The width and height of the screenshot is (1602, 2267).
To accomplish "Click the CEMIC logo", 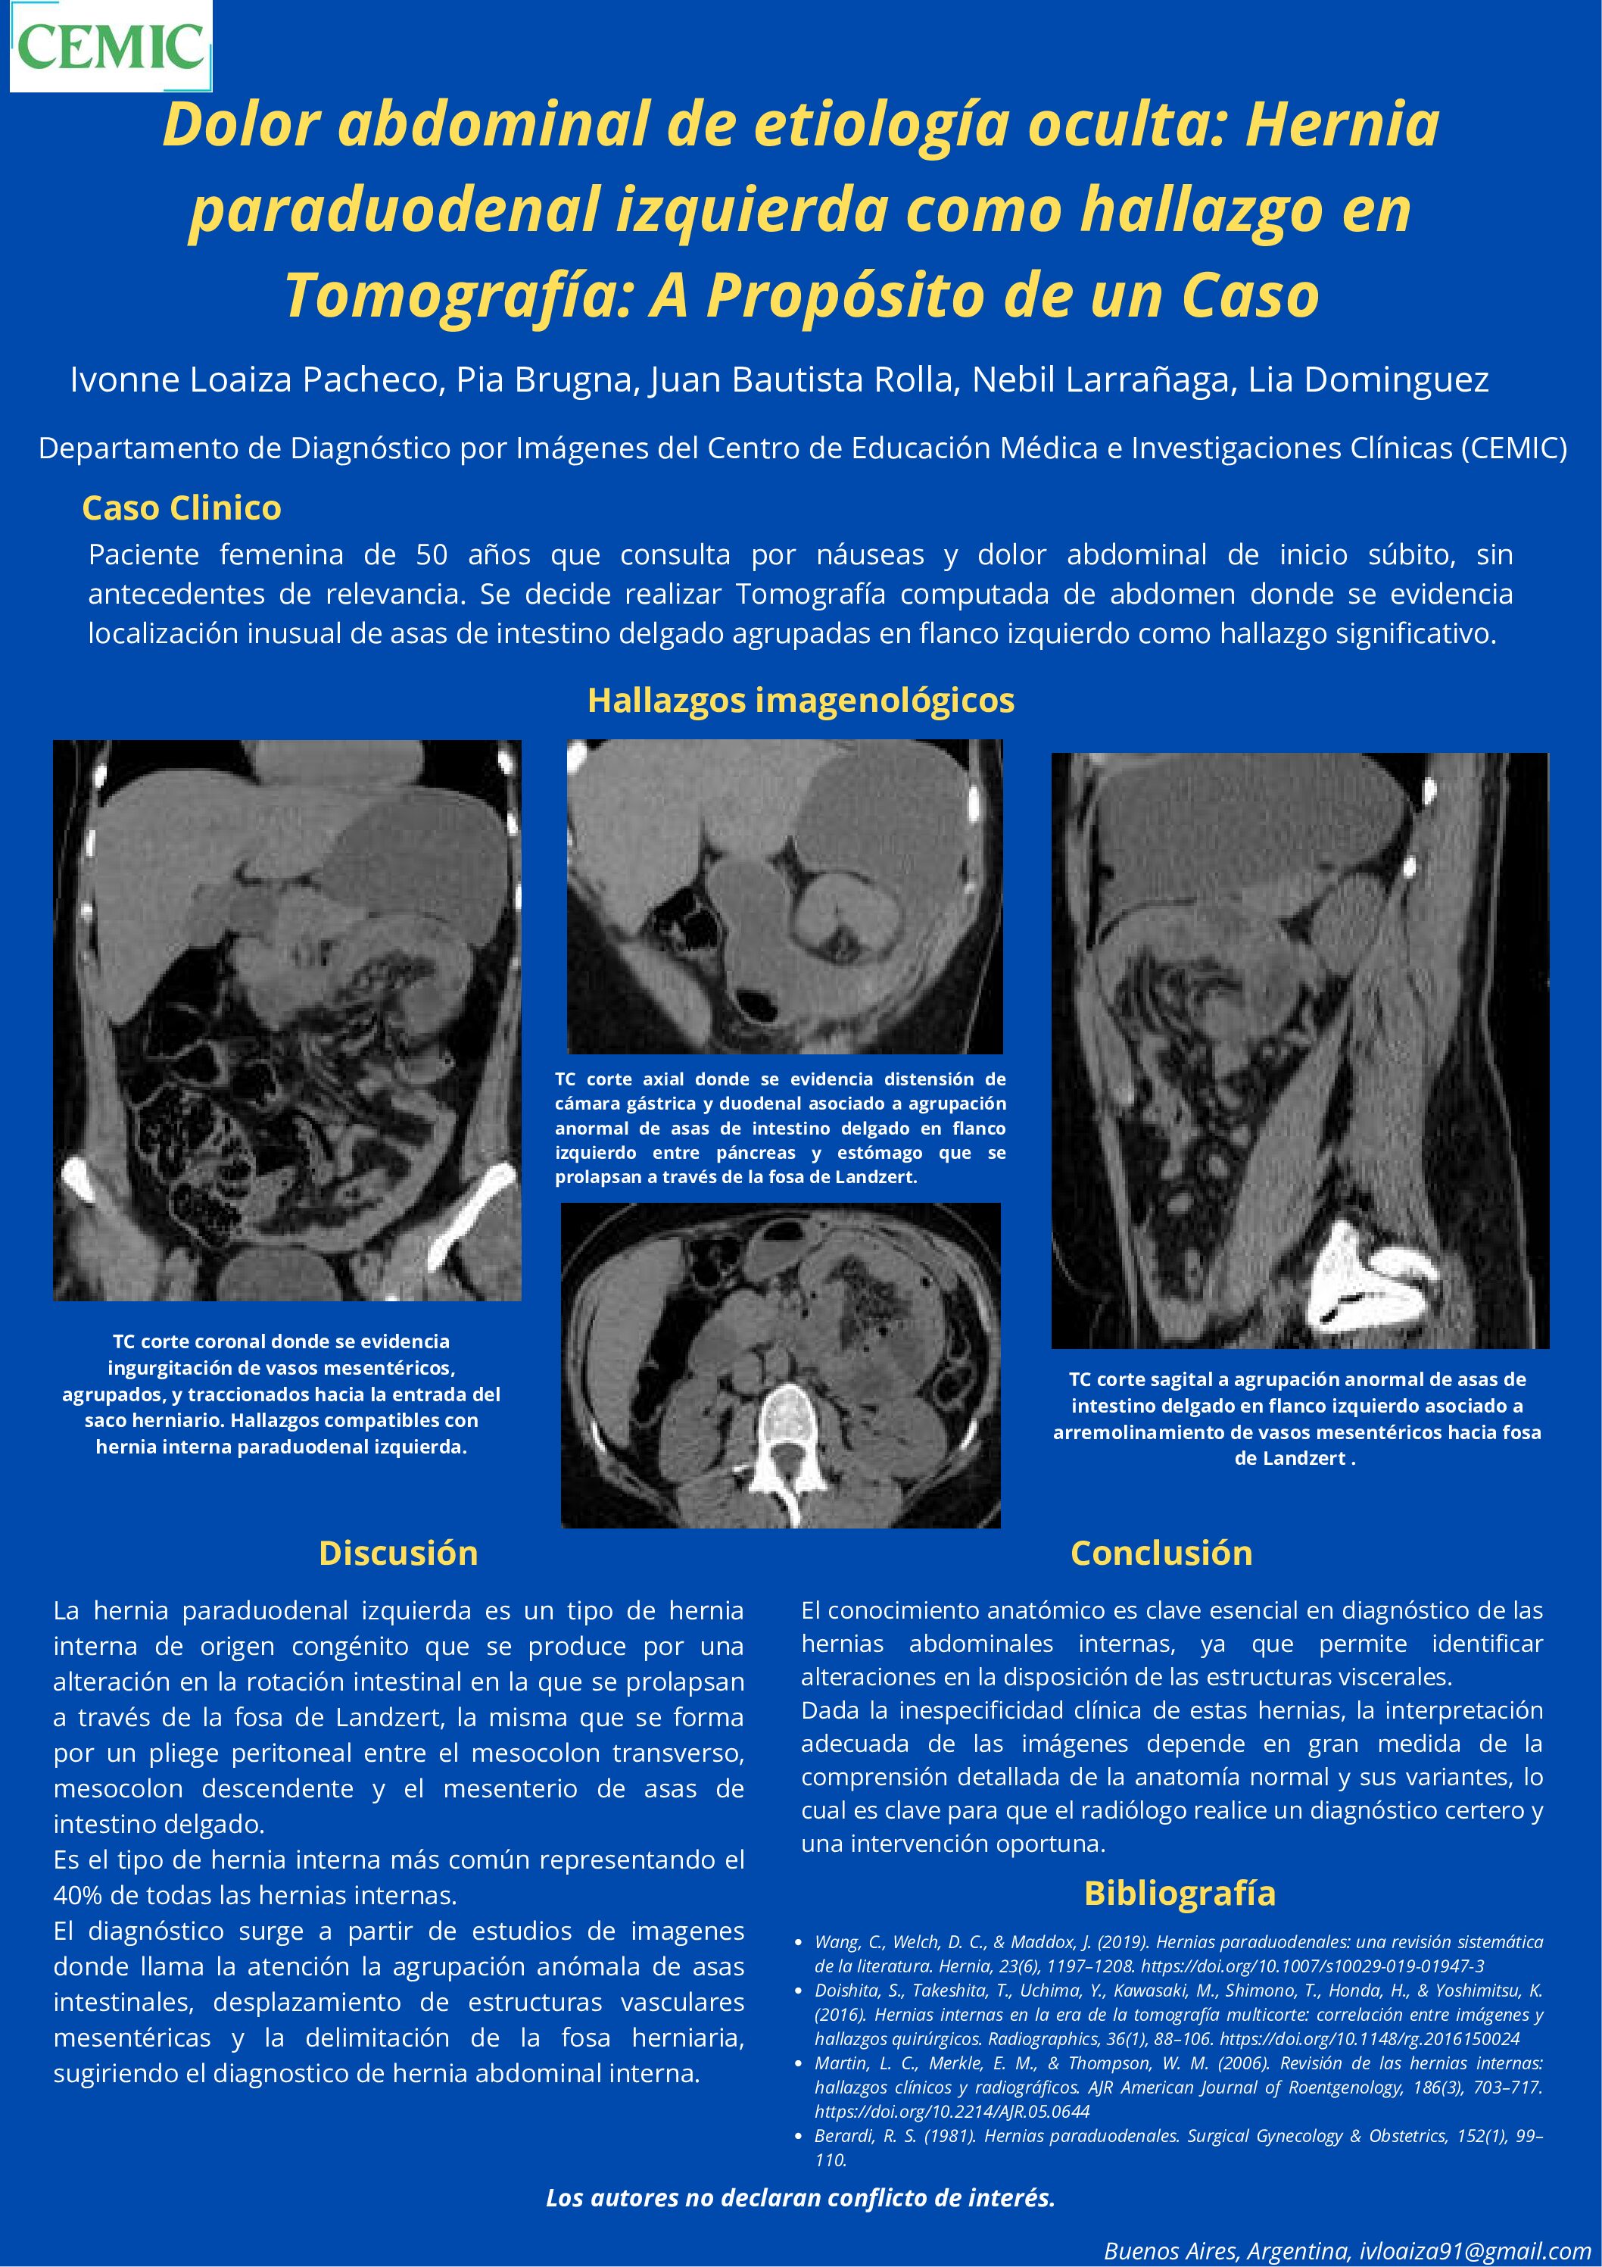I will pyautogui.click(x=111, y=46).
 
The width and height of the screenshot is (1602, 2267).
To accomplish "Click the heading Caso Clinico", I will pyautogui.click(x=182, y=507).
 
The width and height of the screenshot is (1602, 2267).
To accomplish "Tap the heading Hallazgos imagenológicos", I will pyautogui.click(x=800, y=700).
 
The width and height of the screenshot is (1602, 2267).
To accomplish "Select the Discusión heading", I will pyautogui.click(x=397, y=1553).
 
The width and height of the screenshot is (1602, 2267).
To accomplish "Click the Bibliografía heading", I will pyautogui.click(x=1180, y=1893).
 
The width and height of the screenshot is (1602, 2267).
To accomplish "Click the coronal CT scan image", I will pyautogui.click(x=287, y=1020).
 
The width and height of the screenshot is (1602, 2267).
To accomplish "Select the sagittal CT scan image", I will pyautogui.click(x=1300, y=1051).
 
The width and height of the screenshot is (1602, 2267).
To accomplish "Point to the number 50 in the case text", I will pyautogui.click(x=432, y=555).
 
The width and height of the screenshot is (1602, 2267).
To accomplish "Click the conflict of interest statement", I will pyautogui.click(x=800, y=2198).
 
